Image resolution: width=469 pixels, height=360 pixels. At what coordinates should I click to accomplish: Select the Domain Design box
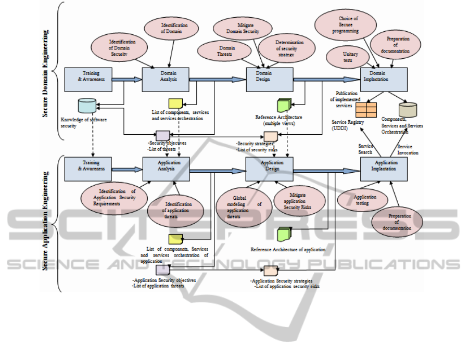tap(269, 79)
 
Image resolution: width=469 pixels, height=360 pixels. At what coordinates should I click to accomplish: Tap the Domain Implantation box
tap(384, 79)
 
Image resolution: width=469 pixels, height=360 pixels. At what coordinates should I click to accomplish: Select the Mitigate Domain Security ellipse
tap(240, 28)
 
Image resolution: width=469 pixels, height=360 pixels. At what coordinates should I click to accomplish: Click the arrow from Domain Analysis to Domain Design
tap(217, 79)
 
